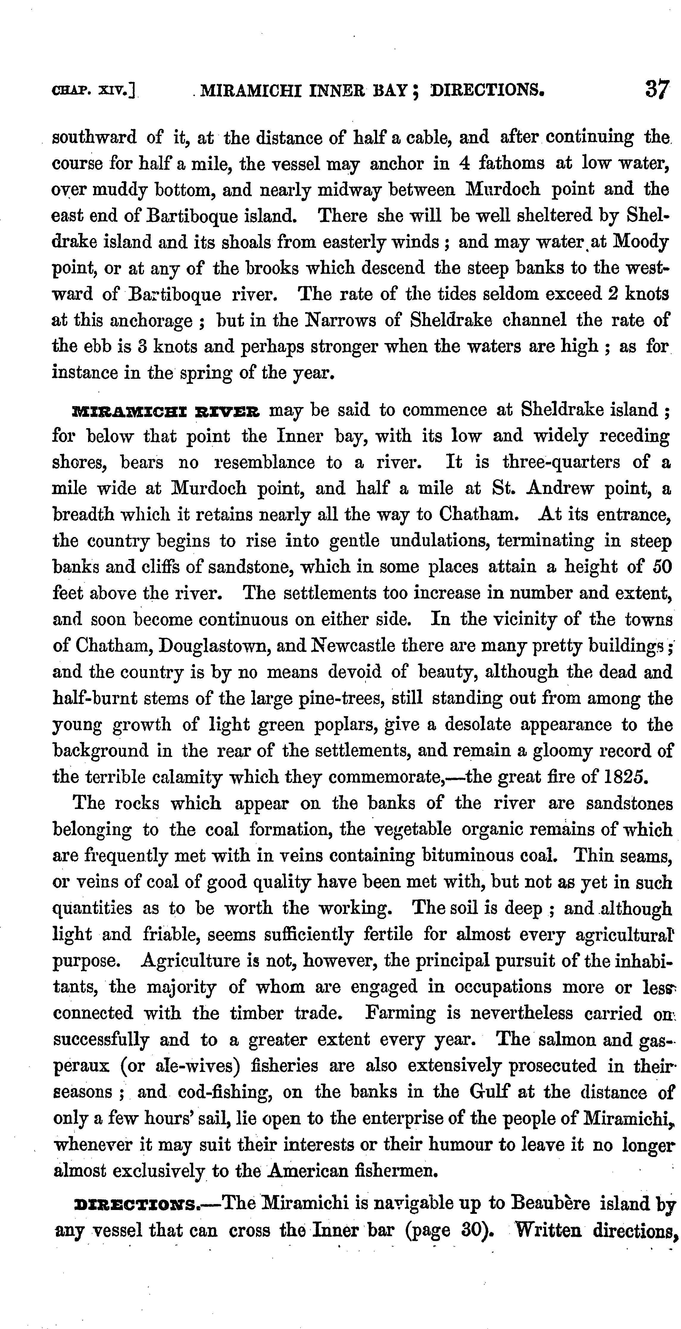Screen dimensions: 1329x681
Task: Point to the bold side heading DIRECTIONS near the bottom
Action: (x=137, y=1205)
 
